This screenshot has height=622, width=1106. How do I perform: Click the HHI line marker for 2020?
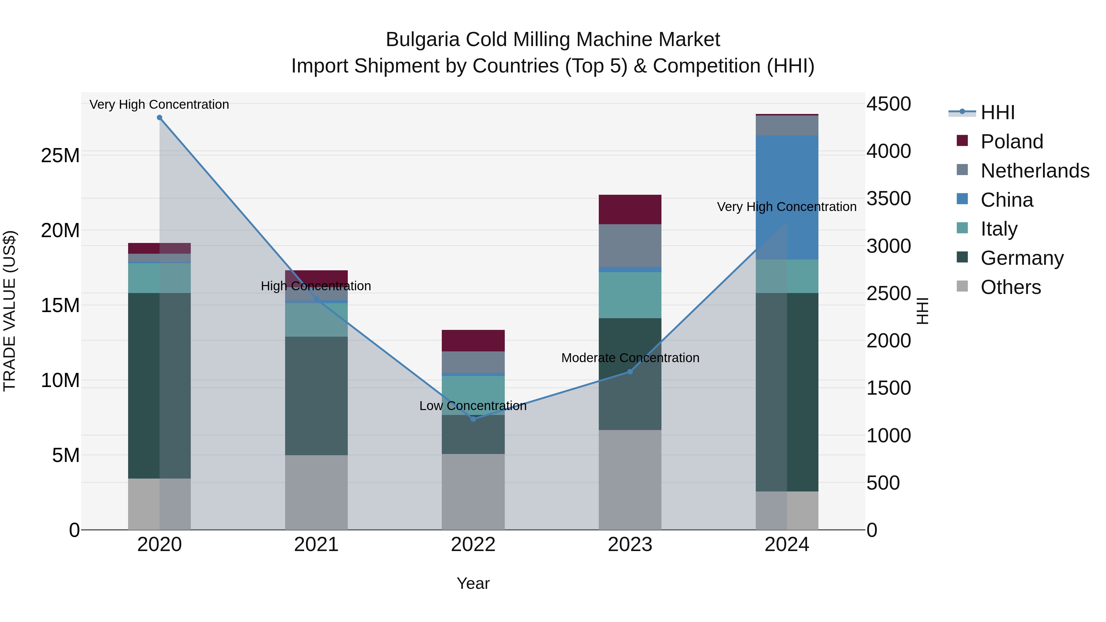pos(159,118)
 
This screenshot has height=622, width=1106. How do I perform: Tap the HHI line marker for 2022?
pos(473,419)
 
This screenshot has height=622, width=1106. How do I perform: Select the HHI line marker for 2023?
pos(630,372)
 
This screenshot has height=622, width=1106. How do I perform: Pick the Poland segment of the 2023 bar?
pos(630,209)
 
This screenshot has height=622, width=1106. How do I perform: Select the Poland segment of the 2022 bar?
pos(473,341)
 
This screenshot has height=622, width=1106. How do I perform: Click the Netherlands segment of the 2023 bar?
pos(630,245)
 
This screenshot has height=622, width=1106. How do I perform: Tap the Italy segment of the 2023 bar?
pos(630,295)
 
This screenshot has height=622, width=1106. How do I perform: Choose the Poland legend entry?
pos(1012,142)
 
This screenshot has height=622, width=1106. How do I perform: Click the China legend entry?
pos(1006,200)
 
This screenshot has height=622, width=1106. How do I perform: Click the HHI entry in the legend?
pos(997,112)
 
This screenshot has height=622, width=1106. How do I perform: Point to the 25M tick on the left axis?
pos(60,155)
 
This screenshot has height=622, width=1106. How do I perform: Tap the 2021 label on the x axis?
pos(316,545)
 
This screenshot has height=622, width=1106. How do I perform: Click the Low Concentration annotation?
pos(473,406)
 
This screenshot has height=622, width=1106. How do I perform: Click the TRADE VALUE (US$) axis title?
pos(10,311)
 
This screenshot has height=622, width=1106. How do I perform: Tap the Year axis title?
pos(473,583)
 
